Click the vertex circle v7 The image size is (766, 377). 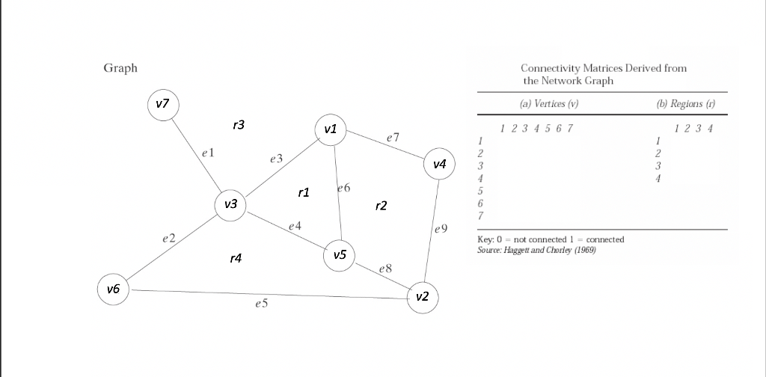coord(163,104)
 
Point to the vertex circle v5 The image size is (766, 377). coord(340,255)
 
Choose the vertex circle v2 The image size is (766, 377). coord(422,297)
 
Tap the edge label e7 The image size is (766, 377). coord(393,138)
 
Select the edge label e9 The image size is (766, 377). coord(440,228)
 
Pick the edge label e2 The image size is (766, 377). coord(168,239)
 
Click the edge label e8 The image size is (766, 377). coord(385,268)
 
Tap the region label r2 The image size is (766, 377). coord(381,206)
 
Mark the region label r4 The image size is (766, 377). coord(236,259)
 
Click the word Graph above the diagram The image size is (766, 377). coord(120,68)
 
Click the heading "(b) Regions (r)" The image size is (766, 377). coord(690,104)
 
